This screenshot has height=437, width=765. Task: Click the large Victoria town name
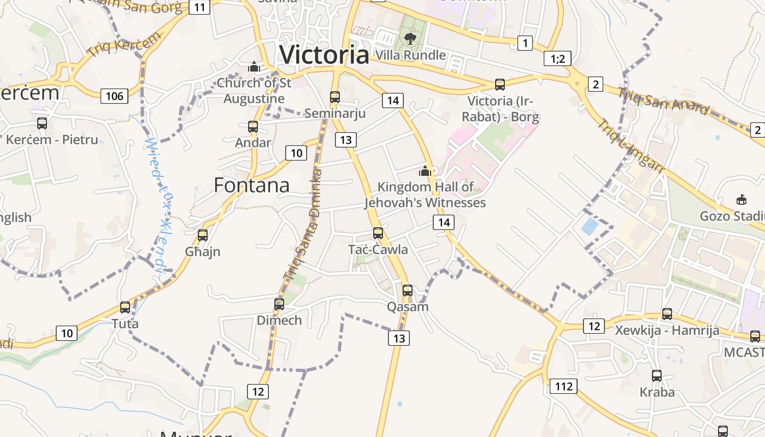324,55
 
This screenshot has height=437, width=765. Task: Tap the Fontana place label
251,186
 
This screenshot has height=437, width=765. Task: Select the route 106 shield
114,97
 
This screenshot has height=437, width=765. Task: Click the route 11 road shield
199,7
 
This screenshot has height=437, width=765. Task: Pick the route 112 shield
563,387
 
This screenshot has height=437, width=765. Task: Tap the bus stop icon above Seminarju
335,97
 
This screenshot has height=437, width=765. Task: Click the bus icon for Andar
253,127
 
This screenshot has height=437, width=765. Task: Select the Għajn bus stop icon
203,235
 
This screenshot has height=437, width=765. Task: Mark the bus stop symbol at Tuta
125,308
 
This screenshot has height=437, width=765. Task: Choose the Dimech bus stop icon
279,304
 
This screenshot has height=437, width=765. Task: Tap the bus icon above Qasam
408,291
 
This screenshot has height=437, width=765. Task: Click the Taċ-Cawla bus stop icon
378,233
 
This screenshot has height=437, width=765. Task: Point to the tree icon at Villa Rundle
410,38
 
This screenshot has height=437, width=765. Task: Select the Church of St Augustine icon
254,67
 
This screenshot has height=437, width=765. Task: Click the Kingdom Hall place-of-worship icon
425,172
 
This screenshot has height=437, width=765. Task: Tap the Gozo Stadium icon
742,200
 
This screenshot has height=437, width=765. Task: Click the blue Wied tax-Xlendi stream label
156,205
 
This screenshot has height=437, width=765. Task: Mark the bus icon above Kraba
657,376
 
